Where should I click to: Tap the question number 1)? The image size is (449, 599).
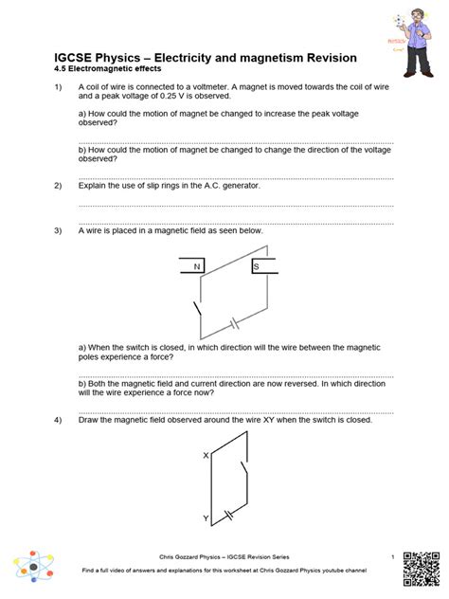[58, 88]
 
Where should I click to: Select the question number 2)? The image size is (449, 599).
[58, 185]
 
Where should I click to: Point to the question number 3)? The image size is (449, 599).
[58, 230]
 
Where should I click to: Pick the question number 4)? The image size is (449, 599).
[58, 419]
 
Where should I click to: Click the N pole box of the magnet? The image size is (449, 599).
[197, 267]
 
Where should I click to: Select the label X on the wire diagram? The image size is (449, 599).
[206, 456]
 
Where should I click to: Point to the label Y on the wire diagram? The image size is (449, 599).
[206, 518]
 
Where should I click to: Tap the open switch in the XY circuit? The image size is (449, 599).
[246, 472]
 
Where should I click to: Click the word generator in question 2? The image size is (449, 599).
[238, 185]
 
